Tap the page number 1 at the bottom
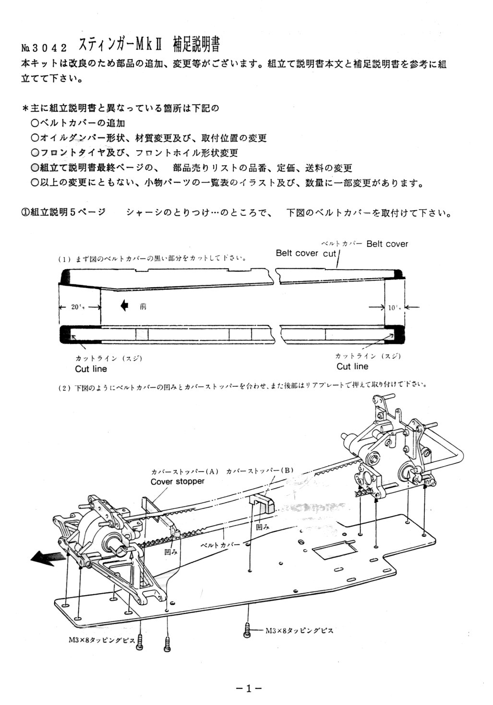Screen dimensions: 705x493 (248, 689)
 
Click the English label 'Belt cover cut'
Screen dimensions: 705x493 (306, 253)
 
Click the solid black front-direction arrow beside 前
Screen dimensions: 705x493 (124, 306)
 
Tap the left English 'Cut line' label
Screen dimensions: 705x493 (91, 369)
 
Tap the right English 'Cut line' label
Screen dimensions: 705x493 (352, 366)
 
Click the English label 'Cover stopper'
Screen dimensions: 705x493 (177, 481)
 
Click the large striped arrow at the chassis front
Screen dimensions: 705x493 (47, 558)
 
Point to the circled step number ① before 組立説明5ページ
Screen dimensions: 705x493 (25, 213)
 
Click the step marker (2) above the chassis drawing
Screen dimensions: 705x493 (64, 388)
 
